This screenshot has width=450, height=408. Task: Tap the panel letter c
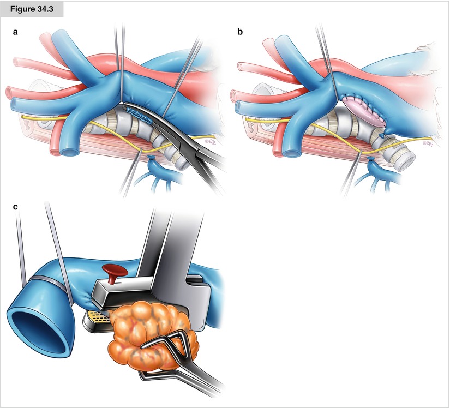point(16,207)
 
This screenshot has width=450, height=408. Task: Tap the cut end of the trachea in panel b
point(406,161)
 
